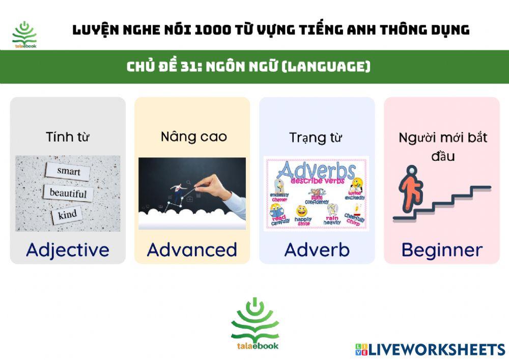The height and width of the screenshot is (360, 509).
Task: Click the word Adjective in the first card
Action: pyautogui.click(x=68, y=250)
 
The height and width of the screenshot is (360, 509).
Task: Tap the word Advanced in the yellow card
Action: pyautogui.click(x=192, y=250)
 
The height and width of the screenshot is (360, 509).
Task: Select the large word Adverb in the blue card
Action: pyautogui.click(x=317, y=250)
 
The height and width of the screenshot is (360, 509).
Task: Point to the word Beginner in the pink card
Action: pyautogui.click(x=442, y=250)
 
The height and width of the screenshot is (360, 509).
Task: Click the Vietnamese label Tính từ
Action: pyautogui.click(x=68, y=137)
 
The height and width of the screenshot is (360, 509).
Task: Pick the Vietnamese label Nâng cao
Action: pyautogui.click(x=193, y=136)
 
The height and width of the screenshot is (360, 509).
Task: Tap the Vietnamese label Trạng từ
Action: pyautogui.click(x=316, y=137)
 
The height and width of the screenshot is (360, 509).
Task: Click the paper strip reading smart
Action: pyautogui.click(x=68, y=172)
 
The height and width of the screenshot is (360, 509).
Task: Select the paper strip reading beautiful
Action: pyautogui.click(x=68, y=193)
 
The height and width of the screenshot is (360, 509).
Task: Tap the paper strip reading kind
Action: pyautogui.click(x=67, y=214)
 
